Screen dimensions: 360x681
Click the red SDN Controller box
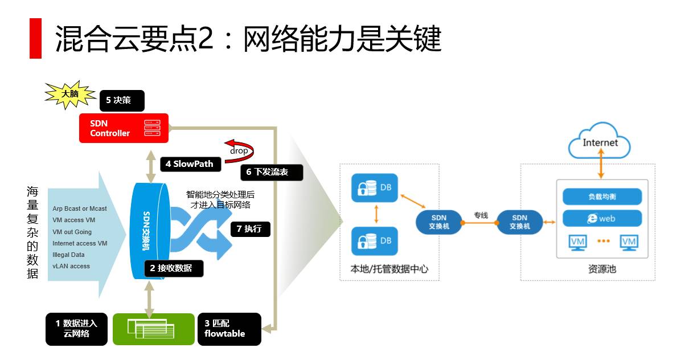click(120, 128)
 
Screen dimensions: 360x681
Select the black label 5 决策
click(121, 100)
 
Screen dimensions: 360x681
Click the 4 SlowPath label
click(189, 164)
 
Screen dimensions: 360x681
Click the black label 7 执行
click(250, 229)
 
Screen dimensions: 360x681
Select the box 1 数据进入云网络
click(76, 329)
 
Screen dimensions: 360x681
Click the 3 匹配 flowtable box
click(228, 329)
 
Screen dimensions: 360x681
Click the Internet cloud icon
click(600, 142)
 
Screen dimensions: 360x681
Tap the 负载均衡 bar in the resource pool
click(602, 197)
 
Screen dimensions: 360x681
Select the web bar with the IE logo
click(602, 219)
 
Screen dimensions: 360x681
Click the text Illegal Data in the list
click(68, 255)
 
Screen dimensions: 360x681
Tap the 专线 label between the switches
click(481, 215)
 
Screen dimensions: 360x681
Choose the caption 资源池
click(601, 269)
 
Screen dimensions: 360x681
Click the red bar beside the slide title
click(35, 38)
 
